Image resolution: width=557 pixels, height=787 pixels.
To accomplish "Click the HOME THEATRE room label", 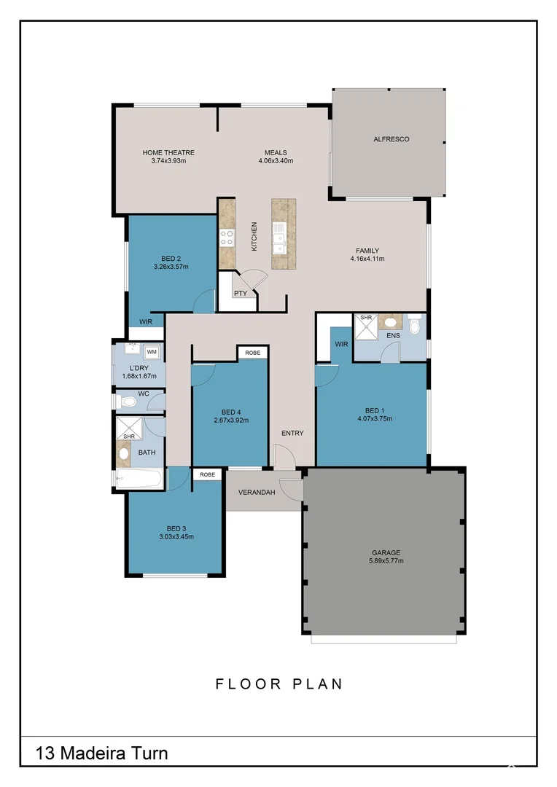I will [x=168, y=153].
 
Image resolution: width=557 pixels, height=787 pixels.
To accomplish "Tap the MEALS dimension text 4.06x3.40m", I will [x=276, y=161].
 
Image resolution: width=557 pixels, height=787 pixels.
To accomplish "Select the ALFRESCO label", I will [x=392, y=138].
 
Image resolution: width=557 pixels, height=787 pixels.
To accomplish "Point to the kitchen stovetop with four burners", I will [x=227, y=237].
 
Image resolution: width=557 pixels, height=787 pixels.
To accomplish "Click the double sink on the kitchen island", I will [x=279, y=238].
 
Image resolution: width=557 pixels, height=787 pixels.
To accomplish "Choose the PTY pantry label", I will [x=241, y=294].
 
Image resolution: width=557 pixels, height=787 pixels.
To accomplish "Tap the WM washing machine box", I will [x=152, y=352].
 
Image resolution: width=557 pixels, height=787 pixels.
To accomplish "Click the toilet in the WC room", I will [x=128, y=402].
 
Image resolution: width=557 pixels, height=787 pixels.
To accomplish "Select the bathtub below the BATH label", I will [x=139, y=479].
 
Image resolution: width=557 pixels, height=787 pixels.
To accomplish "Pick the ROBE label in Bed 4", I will [x=252, y=353].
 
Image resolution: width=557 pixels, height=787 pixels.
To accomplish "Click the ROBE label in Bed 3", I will [x=208, y=474].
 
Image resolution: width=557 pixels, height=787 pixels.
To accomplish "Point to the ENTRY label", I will [x=292, y=434].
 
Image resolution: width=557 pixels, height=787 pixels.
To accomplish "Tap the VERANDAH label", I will [x=257, y=493].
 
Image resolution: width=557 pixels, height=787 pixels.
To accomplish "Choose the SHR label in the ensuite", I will [x=366, y=318].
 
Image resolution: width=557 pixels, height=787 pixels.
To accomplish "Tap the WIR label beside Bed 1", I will [x=341, y=344].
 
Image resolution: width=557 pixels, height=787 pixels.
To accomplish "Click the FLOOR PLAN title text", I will [x=278, y=684].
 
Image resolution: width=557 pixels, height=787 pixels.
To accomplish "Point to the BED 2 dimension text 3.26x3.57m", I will [x=171, y=267].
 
